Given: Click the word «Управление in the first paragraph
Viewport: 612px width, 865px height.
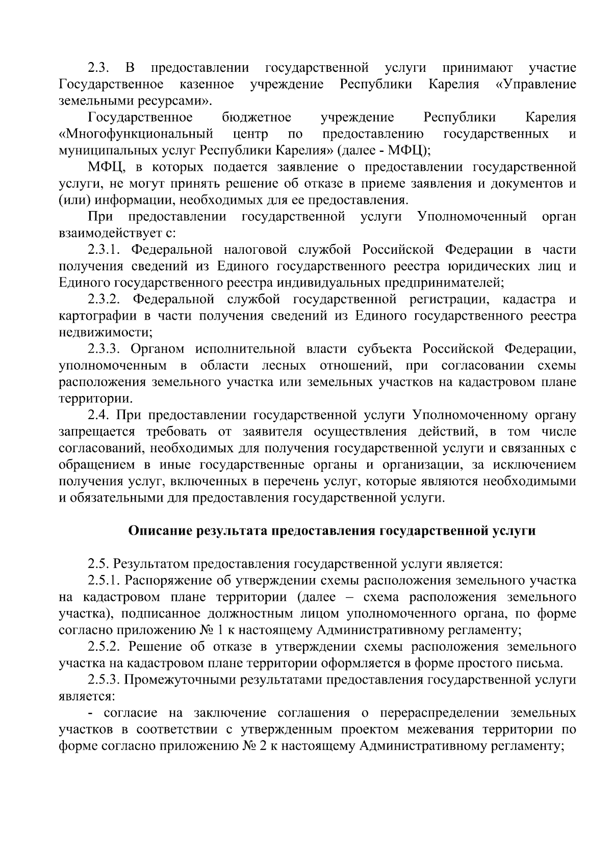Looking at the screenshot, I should [535, 84].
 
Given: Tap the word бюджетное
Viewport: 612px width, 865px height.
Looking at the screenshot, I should [257, 118].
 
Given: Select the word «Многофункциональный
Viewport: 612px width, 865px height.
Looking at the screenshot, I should [136, 135].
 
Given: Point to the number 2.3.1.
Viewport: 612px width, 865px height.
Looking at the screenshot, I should [103, 250].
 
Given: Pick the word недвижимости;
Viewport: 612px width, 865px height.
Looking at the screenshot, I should [106, 332].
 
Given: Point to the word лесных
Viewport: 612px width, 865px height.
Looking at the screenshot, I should [284, 365].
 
